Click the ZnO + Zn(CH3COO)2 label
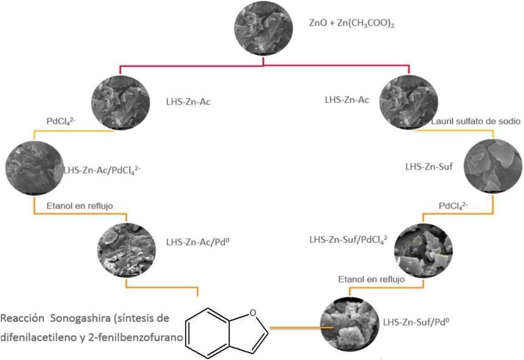click(x=352, y=23)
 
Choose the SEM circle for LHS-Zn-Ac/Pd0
click(x=127, y=250)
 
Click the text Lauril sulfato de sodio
click(x=476, y=121)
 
